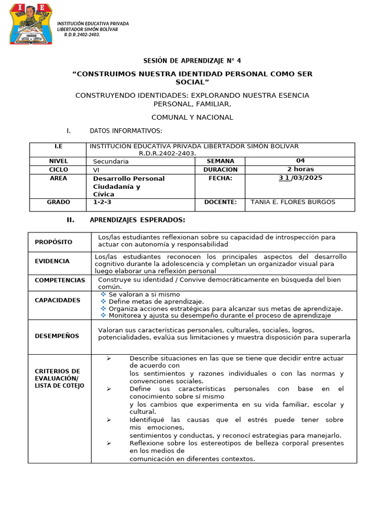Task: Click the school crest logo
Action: (32, 23)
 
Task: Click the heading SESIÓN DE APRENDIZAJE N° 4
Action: (192, 61)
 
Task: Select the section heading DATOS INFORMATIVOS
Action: (126, 131)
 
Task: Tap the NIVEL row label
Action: (58, 161)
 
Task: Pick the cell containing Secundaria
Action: (111, 161)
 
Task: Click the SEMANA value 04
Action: (300, 161)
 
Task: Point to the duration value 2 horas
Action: (300, 169)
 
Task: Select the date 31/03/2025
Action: (300, 178)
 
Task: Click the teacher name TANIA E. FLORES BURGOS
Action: (293, 202)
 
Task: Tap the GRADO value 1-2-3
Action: (103, 202)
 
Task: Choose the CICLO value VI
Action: (96, 170)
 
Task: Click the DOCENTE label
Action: (221, 202)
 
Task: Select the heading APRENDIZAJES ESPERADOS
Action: (137, 220)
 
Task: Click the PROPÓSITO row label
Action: (54, 242)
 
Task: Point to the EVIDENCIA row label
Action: (52, 261)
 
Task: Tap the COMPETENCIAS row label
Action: (60, 280)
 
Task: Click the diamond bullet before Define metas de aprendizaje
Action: (103, 302)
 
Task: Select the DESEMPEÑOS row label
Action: (57, 336)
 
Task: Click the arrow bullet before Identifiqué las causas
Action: (109, 420)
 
